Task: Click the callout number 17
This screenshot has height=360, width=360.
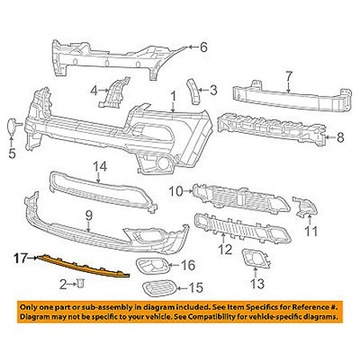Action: [x=21, y=258]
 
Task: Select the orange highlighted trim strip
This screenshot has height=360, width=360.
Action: [x=83, y=266]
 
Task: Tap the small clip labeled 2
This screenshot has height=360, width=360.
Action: [x=81, y=284]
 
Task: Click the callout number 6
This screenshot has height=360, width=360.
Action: [x=203, y=47]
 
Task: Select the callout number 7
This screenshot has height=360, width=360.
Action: [x=288, y=77]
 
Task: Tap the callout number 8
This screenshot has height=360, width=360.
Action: [x=340, y=137]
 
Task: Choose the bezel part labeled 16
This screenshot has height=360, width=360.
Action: [x=151, y=266]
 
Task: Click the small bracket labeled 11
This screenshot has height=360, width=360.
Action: [x=305, y=207]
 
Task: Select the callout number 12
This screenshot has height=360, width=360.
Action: [x=225, y=248]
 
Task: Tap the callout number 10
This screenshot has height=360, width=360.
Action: [x=177, y=191]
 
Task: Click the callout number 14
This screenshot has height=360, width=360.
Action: [x=100, y=167]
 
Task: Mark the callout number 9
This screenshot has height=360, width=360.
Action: [x=88, y=217]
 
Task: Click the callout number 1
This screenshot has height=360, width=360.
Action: [x=173, y=97]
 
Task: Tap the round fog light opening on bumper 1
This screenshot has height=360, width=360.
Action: [x=163, y=164]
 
